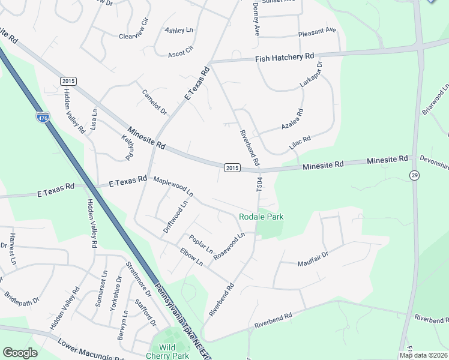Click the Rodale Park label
tap(261, 217)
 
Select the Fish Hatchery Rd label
tap(285, 58)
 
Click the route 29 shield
tap(414, 175)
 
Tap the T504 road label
tap(259, 184)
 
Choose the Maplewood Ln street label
tap(173, 186)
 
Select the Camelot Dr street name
tap(154, 102)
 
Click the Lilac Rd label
tap(300, 143)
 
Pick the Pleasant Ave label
tap(317, 30)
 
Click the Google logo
tap(20, 353)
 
